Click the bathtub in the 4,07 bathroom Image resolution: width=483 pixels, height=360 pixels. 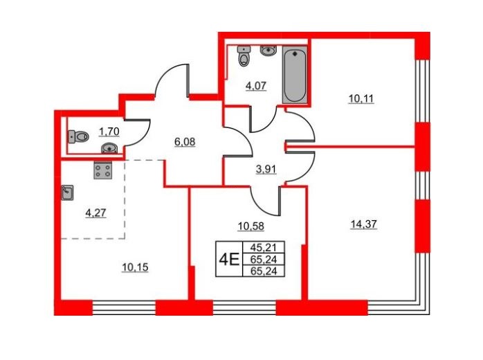(x=295, y=75)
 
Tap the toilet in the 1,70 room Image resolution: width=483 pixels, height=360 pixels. (x=78, y=136)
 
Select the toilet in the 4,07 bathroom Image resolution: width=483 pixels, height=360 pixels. (x=244, y=56)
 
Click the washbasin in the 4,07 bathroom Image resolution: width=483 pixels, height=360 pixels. (x=268, y=51)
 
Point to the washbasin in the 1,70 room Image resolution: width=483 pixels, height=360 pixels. (x=109, y=148)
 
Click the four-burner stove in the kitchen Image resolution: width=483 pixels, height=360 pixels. (x=103, y=171)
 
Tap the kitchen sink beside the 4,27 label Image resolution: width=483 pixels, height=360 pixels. (x=67, y=192)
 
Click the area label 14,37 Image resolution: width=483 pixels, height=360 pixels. (x=363, y=224)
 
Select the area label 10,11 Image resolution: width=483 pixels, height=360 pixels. (x=361, y=98)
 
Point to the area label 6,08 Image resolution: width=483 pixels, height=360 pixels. (x=185, y=142)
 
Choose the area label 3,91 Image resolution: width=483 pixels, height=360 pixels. (x=266, y=169)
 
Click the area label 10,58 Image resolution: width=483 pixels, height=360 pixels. (x=251, y=226)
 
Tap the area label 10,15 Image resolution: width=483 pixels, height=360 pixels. (x=135, y=267)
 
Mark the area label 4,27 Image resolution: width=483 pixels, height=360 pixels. (x=95, y=213)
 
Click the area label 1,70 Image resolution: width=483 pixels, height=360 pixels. (x=109, y=132)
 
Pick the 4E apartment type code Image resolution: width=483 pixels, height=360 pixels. (x=229, y=260)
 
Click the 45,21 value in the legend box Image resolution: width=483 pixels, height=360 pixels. (x=264, y=247)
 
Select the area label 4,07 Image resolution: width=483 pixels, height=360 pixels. (x=255, y=85)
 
